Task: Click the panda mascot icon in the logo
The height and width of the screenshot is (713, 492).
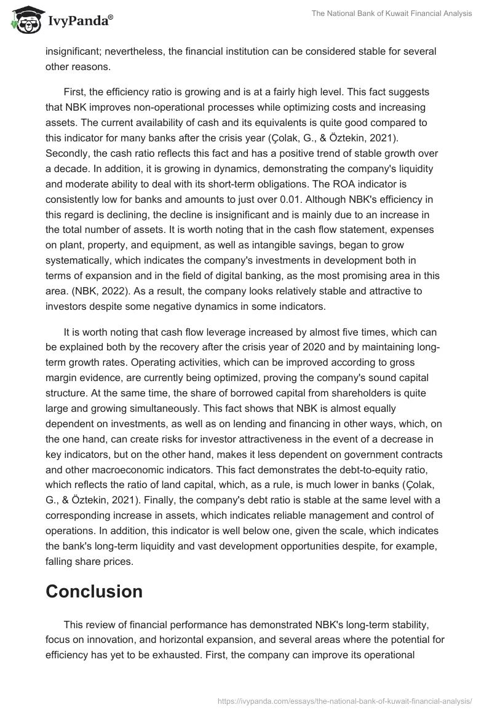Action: click(x=23, y=21)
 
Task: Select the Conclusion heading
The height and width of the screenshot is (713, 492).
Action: click(x=94, y=591)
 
